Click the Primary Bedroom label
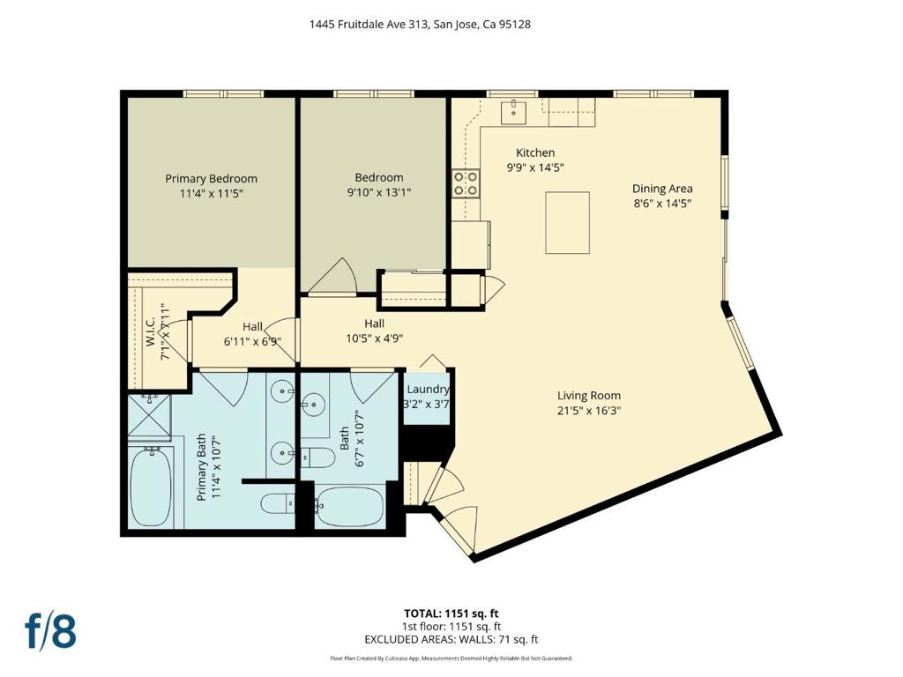click(x=211, y=178)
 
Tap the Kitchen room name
click(x=535, y=153)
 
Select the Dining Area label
click(x=662, y=189)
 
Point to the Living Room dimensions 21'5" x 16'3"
click(x=588, y=411)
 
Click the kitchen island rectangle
click(x=567, y=223)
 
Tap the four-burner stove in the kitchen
click(x=465, y=183)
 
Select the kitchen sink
click(x=513, y=112)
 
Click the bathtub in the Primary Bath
click(x=151, y=487)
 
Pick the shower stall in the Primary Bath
click(x=149, y=417)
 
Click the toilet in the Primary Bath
click(x=278, y=505)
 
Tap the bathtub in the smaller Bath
click(x=350, y=506)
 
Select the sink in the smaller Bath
click(x=313, y=403)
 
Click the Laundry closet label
click(x=428, y=390)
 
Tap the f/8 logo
click(x=50, y=630)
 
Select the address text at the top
click(x=420, y=24)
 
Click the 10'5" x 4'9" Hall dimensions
click(x=374, y=338)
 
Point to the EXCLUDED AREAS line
click(x=451, y=639)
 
